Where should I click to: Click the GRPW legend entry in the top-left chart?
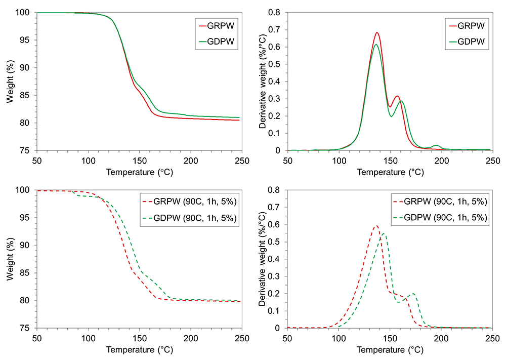point(217,26)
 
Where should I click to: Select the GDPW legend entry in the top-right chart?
point(467,42)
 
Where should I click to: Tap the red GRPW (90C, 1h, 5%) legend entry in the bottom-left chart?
point(189,202)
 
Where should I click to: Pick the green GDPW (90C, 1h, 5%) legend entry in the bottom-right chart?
point(440,218)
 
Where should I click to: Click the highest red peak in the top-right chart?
point(376,32)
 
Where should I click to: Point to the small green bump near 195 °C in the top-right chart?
point(436,146)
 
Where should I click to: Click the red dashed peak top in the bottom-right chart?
point(375,226)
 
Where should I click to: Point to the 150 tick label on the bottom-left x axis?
point(140,338)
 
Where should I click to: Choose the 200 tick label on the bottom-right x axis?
point(441,338)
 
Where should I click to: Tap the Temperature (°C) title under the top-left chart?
point(140,172)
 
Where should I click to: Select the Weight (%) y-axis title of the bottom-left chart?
point(10,259)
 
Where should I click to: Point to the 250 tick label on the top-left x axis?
point(242,161)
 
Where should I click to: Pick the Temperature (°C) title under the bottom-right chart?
point(390,350)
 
